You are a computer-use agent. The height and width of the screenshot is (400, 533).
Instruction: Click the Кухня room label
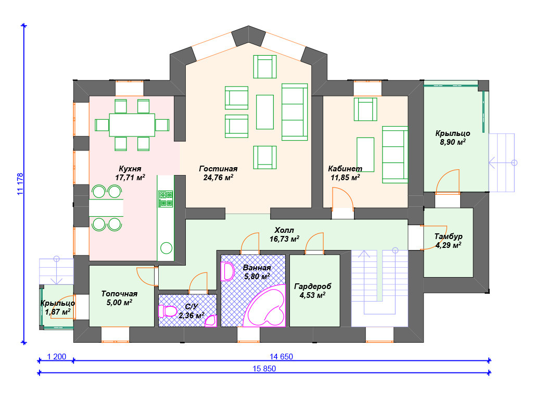[130, 168]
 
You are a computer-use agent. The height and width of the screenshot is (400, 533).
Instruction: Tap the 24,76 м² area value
[218, 177]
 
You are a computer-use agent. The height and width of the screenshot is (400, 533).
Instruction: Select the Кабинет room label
[345, 168]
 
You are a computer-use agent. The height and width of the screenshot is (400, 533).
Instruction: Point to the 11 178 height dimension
[20, 184]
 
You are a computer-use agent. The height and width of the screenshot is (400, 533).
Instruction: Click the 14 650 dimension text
[281, 356]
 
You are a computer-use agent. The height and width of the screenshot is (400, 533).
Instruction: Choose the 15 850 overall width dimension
[264, 368]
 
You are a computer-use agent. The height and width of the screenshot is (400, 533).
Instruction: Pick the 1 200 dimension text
[56, 356]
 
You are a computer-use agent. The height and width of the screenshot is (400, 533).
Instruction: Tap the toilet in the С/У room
[168, 311]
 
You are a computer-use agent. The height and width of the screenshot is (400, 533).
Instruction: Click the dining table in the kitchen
[132, 125]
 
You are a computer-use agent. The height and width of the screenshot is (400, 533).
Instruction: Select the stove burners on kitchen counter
[166, 199]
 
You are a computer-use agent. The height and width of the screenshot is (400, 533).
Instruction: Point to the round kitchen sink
[166, 248]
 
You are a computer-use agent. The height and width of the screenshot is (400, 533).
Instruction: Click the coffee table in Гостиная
[265, 112]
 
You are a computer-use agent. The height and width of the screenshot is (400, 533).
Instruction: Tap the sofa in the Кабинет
[395, 155]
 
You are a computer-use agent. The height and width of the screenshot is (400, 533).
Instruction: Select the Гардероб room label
[312, 286]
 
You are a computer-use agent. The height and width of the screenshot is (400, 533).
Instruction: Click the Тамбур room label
[448, 236]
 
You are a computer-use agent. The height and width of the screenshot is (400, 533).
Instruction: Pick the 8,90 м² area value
[453, 142]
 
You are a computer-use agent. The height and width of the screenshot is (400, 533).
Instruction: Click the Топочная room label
[119, 294]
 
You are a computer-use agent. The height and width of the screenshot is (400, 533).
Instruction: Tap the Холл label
[284, 230]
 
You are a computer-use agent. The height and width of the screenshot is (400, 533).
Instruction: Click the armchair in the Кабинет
[365, 109]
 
